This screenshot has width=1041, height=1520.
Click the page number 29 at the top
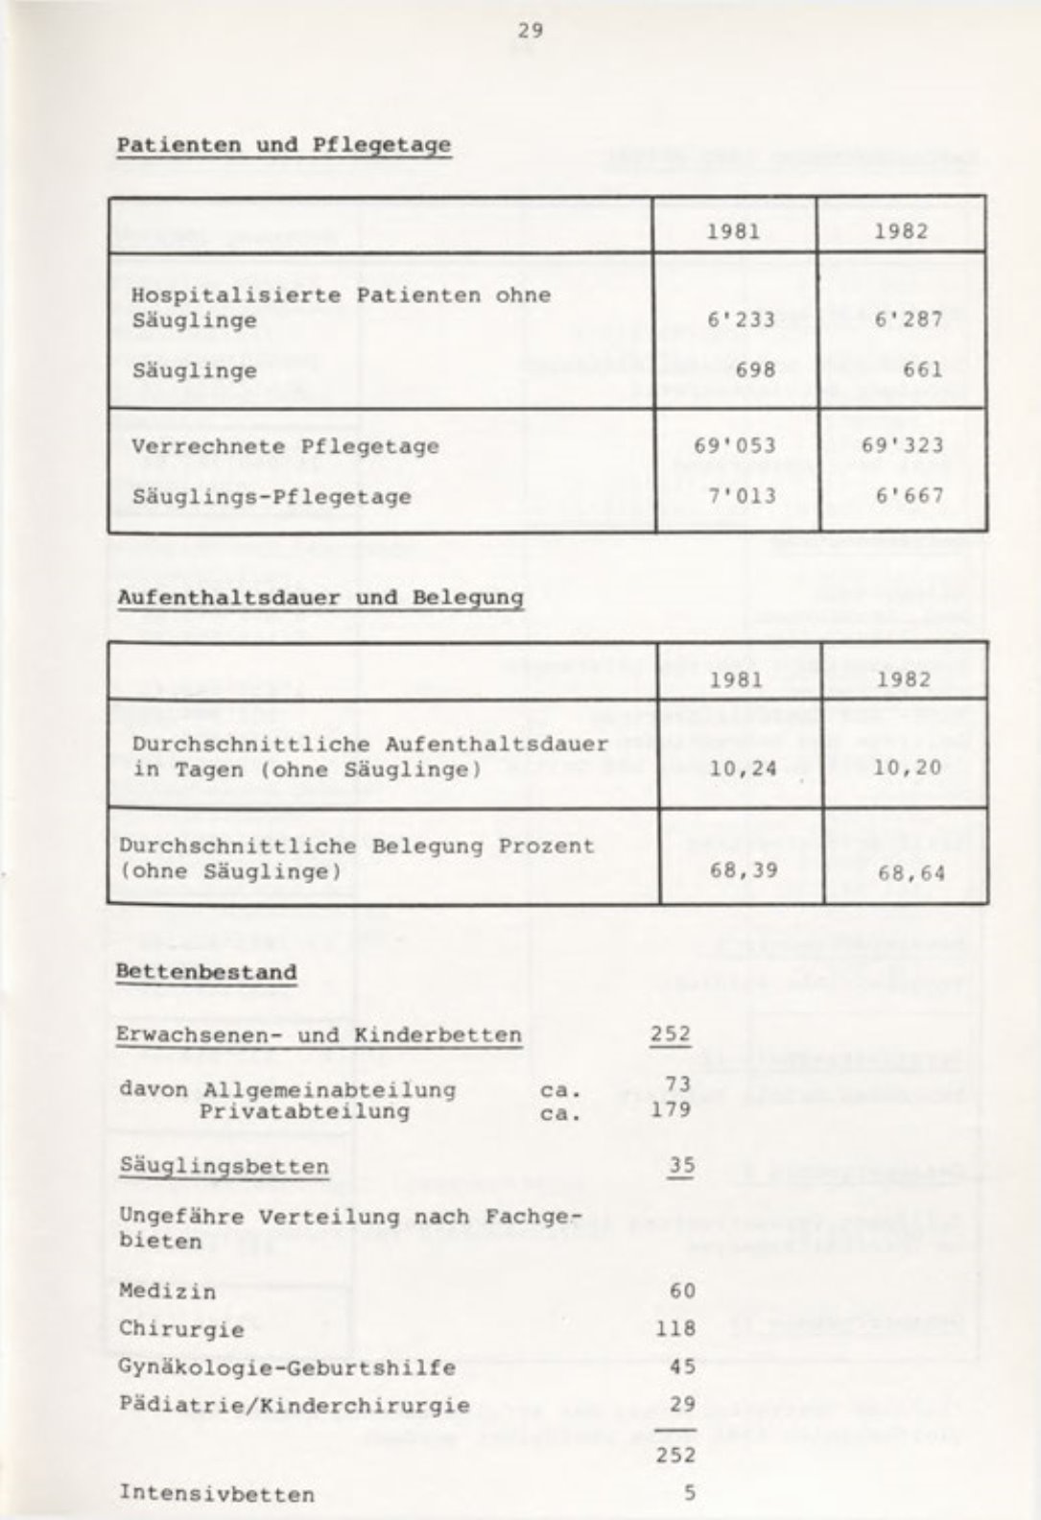[530, 31]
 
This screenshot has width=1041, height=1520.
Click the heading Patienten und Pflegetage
[283, 146]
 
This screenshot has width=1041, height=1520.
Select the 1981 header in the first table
[733, 231]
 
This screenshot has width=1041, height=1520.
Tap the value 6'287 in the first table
[909, 320]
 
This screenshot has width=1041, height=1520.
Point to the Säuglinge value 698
[751, 370]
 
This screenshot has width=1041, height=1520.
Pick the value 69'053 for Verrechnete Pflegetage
[735, 446]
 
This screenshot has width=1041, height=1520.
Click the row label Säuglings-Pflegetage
[272, 497]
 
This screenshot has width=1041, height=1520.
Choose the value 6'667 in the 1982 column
[909, 497]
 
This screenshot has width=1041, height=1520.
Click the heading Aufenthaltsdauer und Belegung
[320, 598]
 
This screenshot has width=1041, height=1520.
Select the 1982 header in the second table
[904, 679]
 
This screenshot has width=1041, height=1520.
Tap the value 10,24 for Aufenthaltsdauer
[743, 769]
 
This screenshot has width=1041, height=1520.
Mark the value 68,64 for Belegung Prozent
[911, 873]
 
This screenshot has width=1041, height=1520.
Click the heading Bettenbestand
[206, 972]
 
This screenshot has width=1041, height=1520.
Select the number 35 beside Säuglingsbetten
[681, 1166]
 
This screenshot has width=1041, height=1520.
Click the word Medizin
[168, 1292]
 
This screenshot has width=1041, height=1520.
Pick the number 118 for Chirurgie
[675, 1329]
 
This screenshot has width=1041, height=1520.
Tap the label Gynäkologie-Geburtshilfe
[287, 1367]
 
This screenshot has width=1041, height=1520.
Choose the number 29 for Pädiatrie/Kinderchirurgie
[682, 1405]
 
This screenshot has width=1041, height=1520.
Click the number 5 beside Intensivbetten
[689, 1493]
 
